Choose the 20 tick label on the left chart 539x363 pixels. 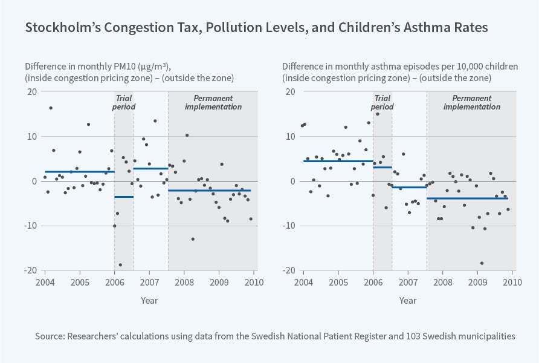31,92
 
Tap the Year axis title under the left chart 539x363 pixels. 149,300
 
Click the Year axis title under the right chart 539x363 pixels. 408,300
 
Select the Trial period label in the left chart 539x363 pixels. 124,102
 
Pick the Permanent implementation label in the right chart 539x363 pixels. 472,102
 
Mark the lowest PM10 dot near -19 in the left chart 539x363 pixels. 120,265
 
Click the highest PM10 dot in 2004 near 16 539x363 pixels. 51,108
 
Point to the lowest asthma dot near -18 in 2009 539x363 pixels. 482,263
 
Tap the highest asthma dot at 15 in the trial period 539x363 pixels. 378,114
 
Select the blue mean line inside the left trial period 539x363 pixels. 124,197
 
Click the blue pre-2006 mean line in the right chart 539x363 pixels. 338,161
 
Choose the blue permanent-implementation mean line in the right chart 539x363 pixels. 467,198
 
